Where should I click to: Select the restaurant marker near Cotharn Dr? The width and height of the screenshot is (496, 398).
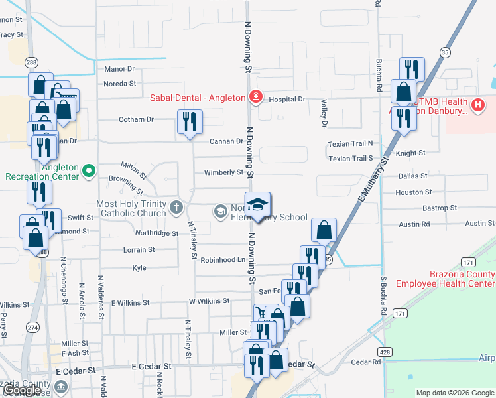pyautogui.click(x=190, y=122)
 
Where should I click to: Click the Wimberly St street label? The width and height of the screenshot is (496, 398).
pyautogui.click(x=224, y=172)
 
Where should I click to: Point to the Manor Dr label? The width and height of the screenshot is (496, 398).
pyautogui.click(x=119, y=68)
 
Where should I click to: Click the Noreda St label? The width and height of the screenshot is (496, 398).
pyautogui.click(x=120, y=84)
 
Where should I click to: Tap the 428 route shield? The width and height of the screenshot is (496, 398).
pyautogui.click(x=385, y=351)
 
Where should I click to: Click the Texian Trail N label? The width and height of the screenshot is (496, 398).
pyautogui.click(x=351, y=143)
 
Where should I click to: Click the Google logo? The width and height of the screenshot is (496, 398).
pyautogui.click(x=21, y=391)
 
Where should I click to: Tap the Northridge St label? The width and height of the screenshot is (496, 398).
pyautogui.click(x=156, y=233)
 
